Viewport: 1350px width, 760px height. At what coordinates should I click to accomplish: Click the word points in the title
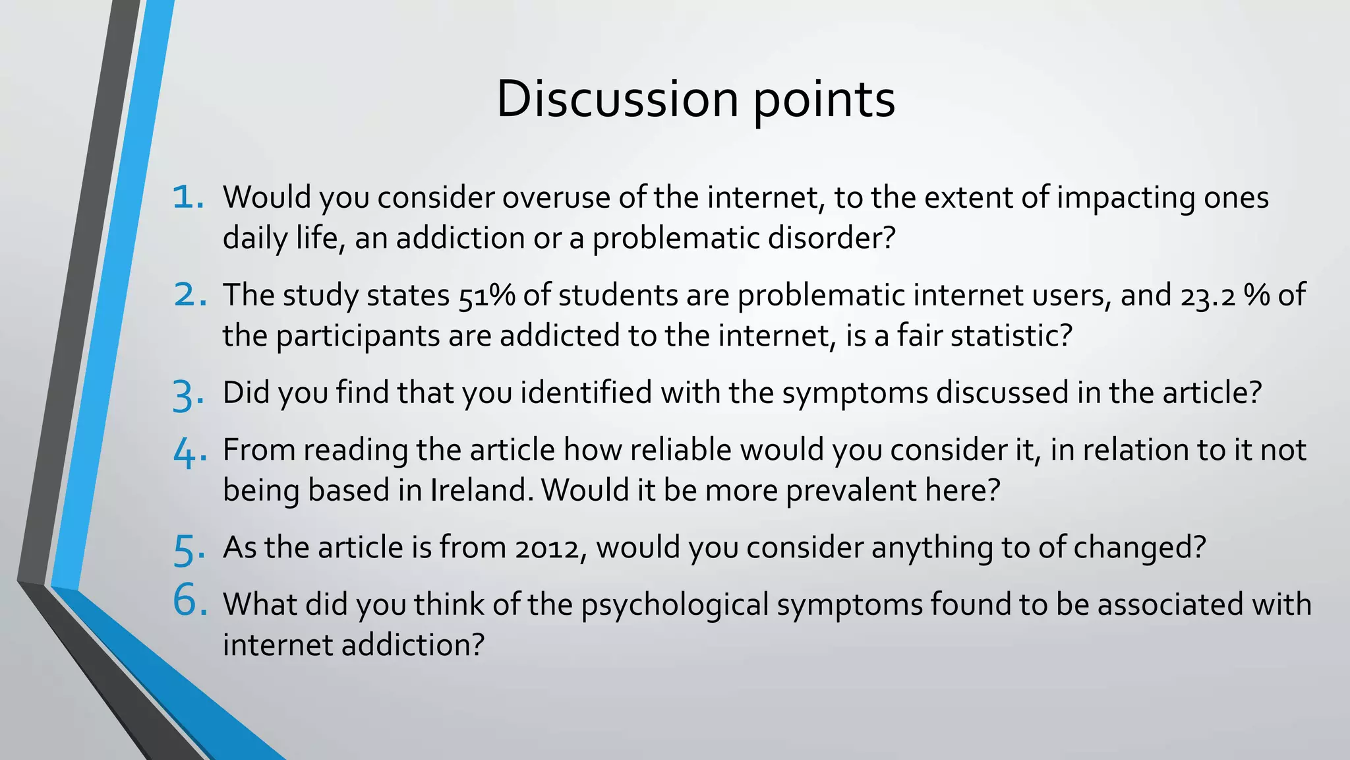point(824,100)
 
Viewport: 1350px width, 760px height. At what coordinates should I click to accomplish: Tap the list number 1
point(188,197)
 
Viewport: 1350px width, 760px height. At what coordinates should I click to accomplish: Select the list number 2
point(191,294)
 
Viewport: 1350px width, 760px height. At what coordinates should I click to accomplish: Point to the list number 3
point(189,395)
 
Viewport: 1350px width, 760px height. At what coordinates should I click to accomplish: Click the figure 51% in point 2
point(486,295)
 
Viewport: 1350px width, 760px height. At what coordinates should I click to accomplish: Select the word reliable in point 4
point(680,450)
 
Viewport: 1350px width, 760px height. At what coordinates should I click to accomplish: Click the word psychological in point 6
point(674,605)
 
